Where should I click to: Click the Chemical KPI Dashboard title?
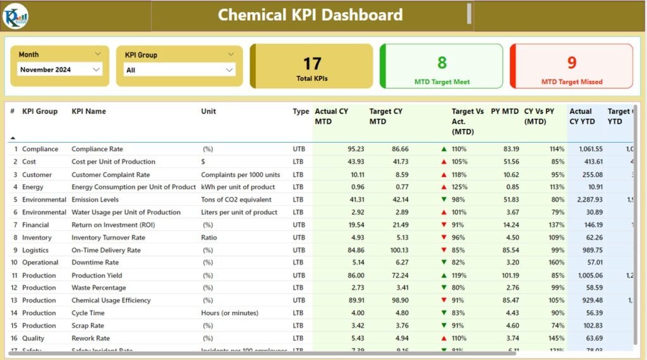point(310,15)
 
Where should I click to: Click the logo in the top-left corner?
point(15,16)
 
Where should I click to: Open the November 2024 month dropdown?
point(97,69)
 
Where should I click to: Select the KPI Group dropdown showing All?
point(229,70)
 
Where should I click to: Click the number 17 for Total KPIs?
point(312,63)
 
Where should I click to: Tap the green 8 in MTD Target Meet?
point(442,62)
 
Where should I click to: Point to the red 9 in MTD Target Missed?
point(572,63)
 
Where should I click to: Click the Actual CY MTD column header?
point(332,116)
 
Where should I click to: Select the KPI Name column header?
point(88,111)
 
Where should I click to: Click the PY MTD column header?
point(505,111)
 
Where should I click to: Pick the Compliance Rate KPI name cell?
point(97,149)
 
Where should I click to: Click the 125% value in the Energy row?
point(459,187)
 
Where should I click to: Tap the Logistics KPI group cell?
point(35,250)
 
